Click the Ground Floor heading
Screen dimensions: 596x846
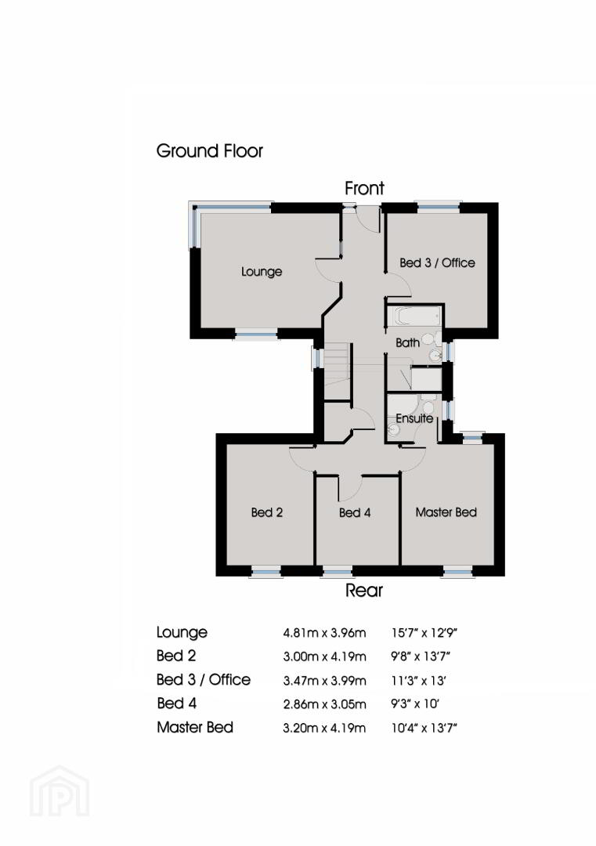pos(209,151)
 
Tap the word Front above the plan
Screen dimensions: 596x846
pos(365,188)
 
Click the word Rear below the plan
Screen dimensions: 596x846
pos(364,591)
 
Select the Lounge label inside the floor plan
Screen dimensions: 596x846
pos(262,271)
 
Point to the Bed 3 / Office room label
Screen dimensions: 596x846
pos(438,262)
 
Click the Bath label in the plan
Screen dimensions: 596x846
pos(408,342)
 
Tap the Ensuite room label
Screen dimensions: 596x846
pos(414,418)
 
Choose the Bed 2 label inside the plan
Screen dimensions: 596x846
pos(267,512)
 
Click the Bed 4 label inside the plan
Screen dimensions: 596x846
pos(355,512)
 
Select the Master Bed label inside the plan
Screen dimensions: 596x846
pos(446,512)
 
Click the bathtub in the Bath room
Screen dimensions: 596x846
pos(414,316)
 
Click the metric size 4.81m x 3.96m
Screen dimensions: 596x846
pos(325,632)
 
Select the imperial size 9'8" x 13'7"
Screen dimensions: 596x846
pos(421,656)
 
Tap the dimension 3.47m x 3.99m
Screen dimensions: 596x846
pos(325,681)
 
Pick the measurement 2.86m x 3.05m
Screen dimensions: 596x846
pos(325,704)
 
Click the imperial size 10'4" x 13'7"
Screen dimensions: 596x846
pos(424,728)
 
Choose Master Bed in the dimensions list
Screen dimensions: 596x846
pos(195,727)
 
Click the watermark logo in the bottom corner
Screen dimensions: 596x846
pos(60,791)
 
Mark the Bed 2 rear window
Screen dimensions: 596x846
pos(266,571)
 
